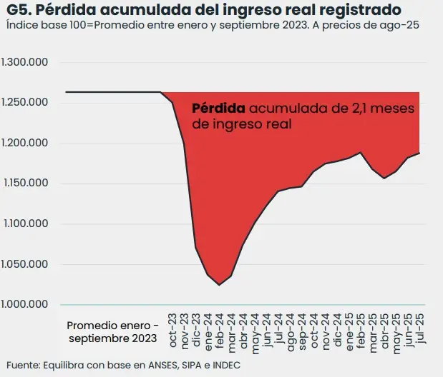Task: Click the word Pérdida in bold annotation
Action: point(219,109)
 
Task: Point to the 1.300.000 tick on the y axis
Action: point(25,62)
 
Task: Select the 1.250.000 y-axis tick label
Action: point(25,102)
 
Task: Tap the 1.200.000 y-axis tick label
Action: point(25,143)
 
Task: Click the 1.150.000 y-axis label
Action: point(25,184)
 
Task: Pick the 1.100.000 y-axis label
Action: point(25,223)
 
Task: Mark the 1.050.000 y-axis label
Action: point(25,264)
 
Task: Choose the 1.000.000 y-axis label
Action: point(25,304)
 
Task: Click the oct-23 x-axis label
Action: point(172,327)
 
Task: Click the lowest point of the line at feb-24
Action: point(219,285)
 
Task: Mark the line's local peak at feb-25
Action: point(361,152)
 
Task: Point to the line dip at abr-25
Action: point(384,178)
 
